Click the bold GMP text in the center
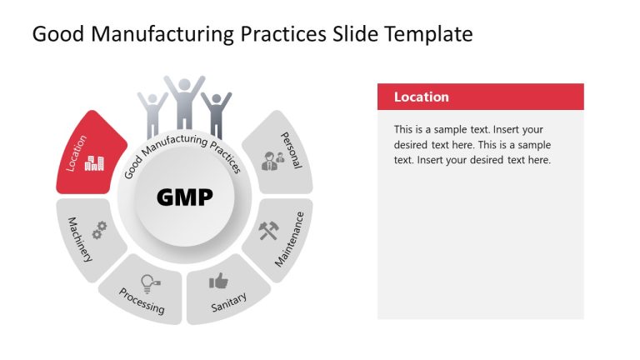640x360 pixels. (x=184, y=197)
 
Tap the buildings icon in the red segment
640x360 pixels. (x=93, y=162)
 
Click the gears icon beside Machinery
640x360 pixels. (x=99, y=229)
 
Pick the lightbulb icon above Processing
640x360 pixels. (x=149, y=282)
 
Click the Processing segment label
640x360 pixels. (x=141, y=301)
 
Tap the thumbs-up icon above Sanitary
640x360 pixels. (x=218, y=281)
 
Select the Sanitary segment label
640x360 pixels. (x=228, y=302)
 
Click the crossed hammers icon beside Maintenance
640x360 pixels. (x=267, y=229)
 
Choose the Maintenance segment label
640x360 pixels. (x=289, y=238)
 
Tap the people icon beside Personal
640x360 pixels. (x=272, y=160)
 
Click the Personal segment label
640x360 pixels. (x=291, y=150)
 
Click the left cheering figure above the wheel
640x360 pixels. (x=152, y=112)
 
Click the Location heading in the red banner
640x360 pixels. (x=421, y=97)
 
